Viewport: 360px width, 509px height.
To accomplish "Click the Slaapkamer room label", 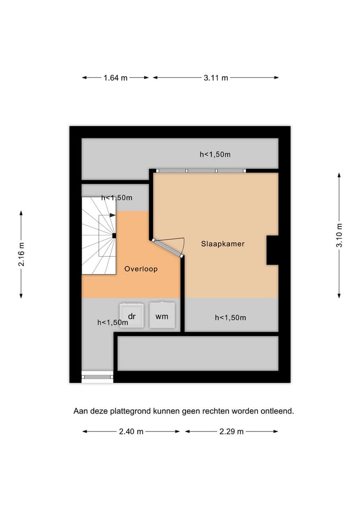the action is tap(223, 244).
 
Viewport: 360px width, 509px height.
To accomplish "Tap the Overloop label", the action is tap(141, 269).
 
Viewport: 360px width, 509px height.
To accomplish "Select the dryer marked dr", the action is tap(131, 315).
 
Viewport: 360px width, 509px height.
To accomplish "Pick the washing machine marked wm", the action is tap(162, 315).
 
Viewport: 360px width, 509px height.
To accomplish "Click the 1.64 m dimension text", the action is tap(116, 78).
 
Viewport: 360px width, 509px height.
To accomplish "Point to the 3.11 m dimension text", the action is tap(216, 78).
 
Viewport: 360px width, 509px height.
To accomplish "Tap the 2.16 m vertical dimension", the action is tap(21, 254).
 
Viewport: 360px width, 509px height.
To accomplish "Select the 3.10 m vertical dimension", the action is tap(339, 235).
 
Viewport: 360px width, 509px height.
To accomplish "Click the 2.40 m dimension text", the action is tap(131, 432).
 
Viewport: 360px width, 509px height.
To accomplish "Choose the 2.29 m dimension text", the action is tap(232, 432).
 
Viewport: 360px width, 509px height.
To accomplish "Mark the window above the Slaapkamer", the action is tap(201, 171).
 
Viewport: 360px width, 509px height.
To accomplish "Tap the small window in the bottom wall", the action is tap(97, 377).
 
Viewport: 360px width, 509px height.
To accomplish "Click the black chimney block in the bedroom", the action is tap(273, 250).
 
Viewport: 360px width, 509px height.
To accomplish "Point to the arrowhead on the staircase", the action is tap(112, 215).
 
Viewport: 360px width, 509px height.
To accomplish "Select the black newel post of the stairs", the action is tap(114, 235).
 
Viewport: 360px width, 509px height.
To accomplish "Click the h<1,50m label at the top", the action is tap(215, 154).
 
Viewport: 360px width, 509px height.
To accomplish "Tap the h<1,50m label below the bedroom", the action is tap(231, 318).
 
